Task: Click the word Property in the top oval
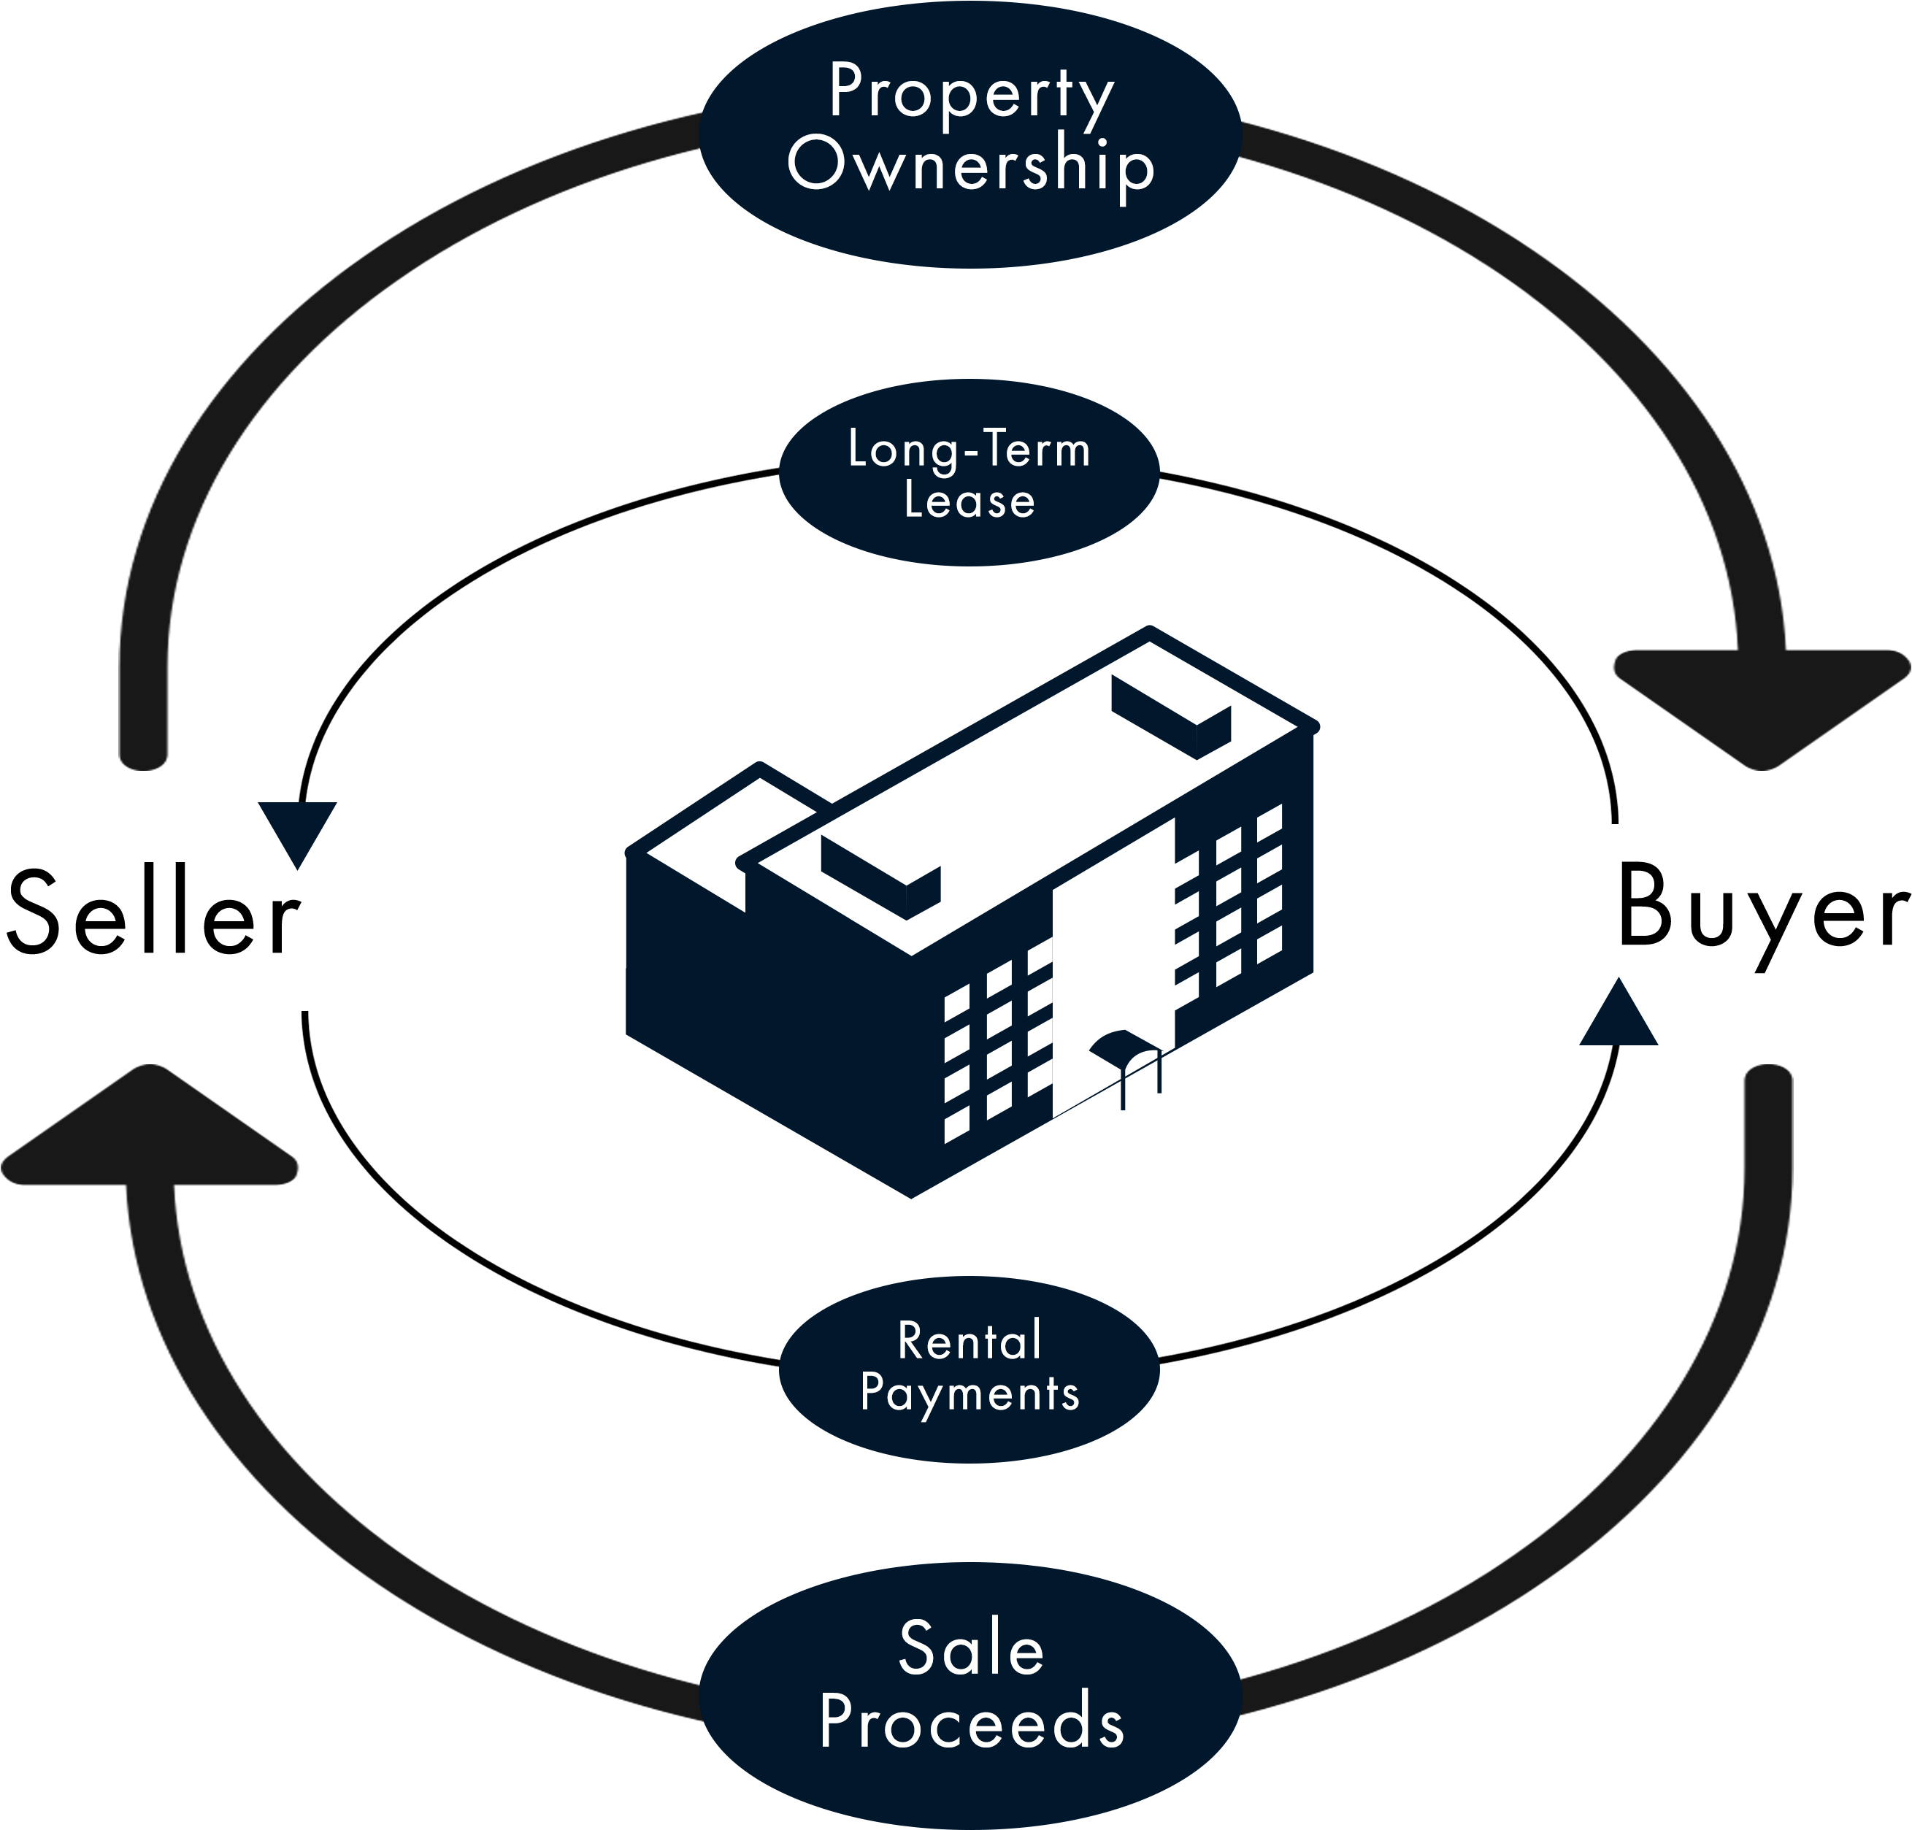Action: click(x=971, y=93)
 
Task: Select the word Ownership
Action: click(x=971, y=164)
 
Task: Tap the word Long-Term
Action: click(x=969, y=450)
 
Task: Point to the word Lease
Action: click(x=969, y=501)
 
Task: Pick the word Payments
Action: click(x=970, y=1393)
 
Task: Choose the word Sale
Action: click(x=971, y=1648)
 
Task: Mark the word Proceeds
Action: click(x=971, y=1723)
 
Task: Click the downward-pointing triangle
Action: click(x=298, y=829)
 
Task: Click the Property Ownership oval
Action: click(x=971, y=234)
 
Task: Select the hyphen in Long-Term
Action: click(x=971, y=453)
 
